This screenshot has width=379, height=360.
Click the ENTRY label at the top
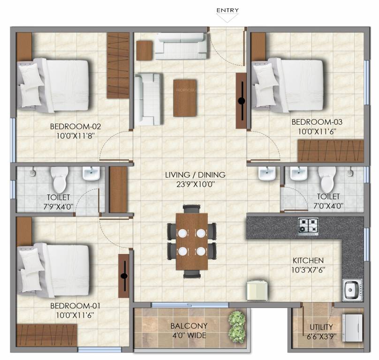[227, 10]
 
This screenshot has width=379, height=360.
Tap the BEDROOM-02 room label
[76, 126]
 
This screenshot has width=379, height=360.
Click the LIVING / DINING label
[195, 175]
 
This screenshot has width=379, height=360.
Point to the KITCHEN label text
[308, 260]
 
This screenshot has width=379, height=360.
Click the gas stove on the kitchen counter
[308, 226]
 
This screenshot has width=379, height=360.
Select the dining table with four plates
[191, 241]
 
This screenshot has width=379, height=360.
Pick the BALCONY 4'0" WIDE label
[189, 330]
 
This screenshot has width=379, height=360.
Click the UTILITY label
[321, 327]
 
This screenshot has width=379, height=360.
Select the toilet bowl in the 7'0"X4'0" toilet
[327, 179]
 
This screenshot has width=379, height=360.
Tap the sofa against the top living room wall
[181, 46]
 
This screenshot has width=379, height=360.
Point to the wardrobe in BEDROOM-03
[330, 151]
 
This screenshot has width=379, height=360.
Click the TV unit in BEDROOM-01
[124, 276]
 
